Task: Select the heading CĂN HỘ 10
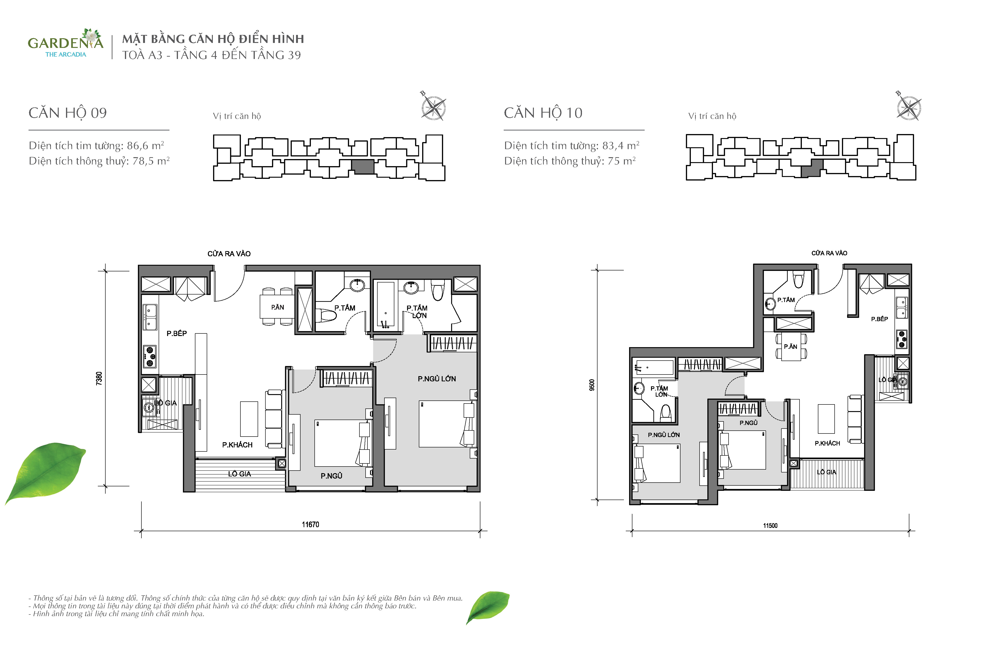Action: [543, 113]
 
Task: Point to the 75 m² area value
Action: [622, 161]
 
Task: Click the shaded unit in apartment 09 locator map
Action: [363, 167]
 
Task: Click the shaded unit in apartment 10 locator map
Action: [810, 168]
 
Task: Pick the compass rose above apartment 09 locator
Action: [433, 107]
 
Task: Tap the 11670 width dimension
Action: [310, 525]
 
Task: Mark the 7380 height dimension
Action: [99, 378]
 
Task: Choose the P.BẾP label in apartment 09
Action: [177, 333]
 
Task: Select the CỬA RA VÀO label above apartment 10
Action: [829, 253]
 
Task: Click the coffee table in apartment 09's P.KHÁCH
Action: [249, 419]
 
